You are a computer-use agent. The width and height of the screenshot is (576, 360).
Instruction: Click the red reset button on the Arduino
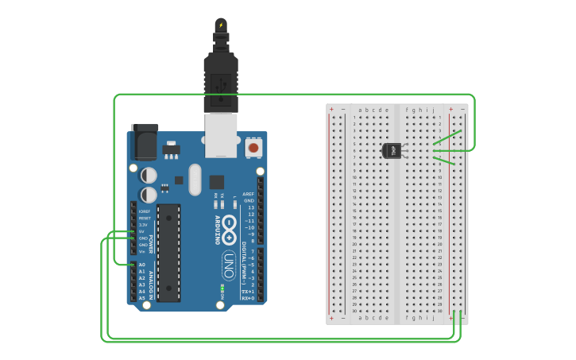coord(253,147)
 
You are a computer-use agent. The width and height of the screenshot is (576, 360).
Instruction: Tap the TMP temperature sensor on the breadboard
coord(392,150)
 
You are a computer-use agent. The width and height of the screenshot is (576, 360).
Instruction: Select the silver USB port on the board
coord(222,134)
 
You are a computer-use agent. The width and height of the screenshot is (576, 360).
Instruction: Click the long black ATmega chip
coord(168,253)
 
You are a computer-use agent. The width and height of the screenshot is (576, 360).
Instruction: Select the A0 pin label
coord(142,265)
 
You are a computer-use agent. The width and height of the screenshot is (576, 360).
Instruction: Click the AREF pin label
coord(249,194)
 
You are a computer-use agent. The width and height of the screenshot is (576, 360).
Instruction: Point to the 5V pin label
coord(142,231)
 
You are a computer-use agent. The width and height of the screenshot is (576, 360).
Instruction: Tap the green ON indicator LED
coord(222,287)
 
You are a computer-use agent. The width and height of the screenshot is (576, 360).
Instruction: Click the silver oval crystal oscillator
coord(195,179)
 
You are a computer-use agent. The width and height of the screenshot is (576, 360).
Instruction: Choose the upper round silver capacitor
coord(149,175)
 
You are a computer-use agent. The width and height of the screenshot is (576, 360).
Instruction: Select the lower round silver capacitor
coord(149,195)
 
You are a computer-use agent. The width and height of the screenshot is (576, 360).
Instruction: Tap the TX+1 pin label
coord(249,291)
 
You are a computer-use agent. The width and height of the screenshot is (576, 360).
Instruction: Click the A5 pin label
coord(142,298)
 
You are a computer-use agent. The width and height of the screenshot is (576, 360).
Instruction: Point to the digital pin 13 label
coord(250,207)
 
